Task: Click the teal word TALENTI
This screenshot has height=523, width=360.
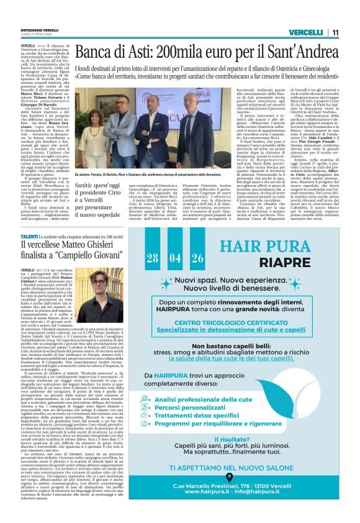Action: coord(29,238)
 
